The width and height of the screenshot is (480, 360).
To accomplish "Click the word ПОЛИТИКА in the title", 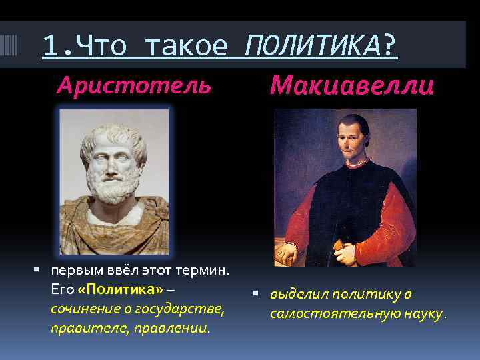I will pyautogui.click(x=314, y=46).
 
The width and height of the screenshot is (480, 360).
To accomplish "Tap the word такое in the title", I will pyautogui.click(x=186, y=46).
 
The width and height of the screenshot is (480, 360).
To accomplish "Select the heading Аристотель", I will pyautogui.click(x=134, y=85).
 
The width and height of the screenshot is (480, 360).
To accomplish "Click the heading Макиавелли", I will pyautogui.click(x=353, y=85).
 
